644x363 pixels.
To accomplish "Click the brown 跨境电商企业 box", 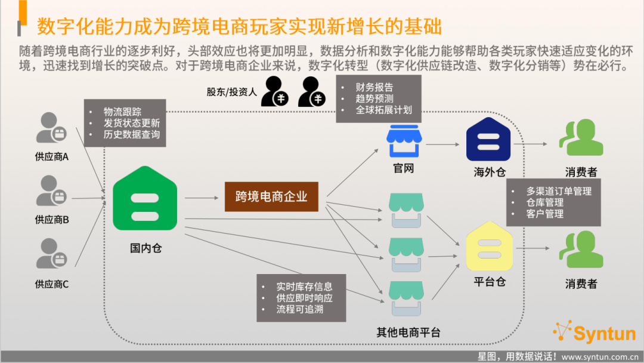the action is (271, 196).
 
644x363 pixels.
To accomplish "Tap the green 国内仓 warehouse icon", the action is (145, 198).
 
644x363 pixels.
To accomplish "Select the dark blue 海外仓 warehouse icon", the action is (488, 139).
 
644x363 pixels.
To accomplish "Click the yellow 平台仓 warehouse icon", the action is (490, 246).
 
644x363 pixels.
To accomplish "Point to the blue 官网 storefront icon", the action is (404, 141).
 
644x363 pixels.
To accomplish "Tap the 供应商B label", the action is (52, 220).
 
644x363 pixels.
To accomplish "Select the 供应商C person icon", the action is (51, 253).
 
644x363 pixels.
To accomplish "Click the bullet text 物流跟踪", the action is (122, 112).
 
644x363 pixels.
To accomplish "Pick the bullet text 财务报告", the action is (374, 87).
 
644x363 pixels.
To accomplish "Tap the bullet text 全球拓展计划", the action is (383, 110).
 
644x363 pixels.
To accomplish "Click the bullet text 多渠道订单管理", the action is (559, 191).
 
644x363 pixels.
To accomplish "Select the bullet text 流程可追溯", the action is (300, 309).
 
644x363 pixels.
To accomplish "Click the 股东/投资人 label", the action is (231, 92).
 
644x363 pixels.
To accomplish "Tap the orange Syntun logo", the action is (595, 332).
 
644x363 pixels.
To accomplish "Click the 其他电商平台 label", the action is (408, 332).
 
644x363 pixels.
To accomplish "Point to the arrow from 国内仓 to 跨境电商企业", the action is (202, 198).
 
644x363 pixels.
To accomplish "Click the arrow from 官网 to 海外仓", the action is (442, 144).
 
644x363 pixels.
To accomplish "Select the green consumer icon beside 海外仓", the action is (581, 137).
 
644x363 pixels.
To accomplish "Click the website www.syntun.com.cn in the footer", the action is (600, 357).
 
